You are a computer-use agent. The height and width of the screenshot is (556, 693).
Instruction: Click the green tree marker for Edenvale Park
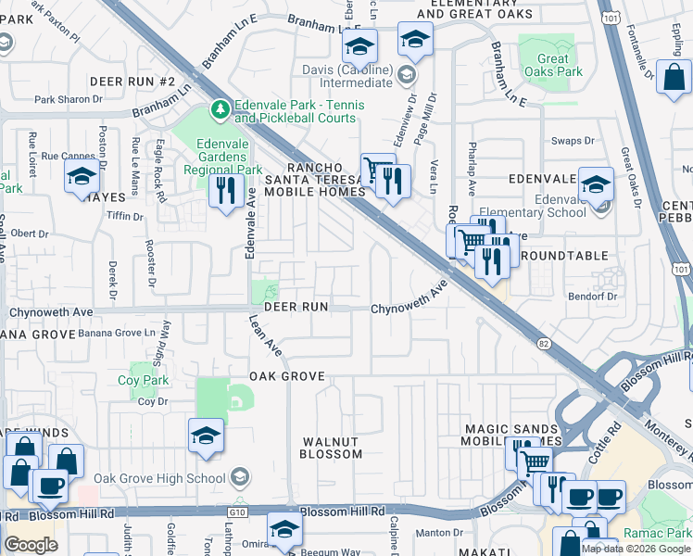[x=220, y=110]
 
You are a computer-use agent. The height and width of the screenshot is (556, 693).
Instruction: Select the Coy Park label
[x=143, y=380]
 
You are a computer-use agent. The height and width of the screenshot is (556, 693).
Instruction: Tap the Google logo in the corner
[x=31, y=545]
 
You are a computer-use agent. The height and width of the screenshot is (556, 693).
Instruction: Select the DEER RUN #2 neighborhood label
[x=132, y=82]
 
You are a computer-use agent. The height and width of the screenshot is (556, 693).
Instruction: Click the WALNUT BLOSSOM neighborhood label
[x=331, y=447]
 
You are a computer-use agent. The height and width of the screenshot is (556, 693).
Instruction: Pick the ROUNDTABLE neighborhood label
[x=564, y=255]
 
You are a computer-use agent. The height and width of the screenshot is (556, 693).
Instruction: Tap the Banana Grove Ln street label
[x=116, y=333]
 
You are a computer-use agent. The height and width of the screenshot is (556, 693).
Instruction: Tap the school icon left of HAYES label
[x=82, y=177]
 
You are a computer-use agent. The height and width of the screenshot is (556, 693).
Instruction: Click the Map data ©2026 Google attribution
[x=636, y=549]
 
